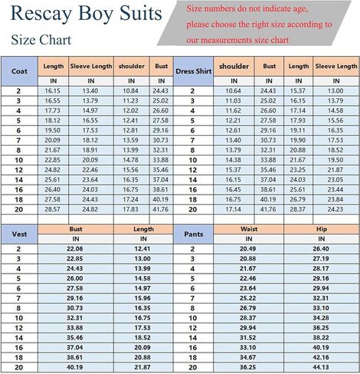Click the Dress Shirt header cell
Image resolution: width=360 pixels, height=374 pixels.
pos(192,71)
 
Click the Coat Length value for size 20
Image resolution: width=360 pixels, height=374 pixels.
pos(52,210)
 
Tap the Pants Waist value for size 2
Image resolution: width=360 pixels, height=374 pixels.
pos(247,248)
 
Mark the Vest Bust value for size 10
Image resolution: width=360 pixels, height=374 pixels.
pos(75,317)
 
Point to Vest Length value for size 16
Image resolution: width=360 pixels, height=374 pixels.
pos(142,346)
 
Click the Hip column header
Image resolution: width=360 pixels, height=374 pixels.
pos(320,228)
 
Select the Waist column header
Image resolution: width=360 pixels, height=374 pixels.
pos(247,228)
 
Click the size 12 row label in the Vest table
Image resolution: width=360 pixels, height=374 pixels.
pos(18,327)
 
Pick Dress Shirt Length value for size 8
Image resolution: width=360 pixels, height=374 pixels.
pos(299,150)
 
